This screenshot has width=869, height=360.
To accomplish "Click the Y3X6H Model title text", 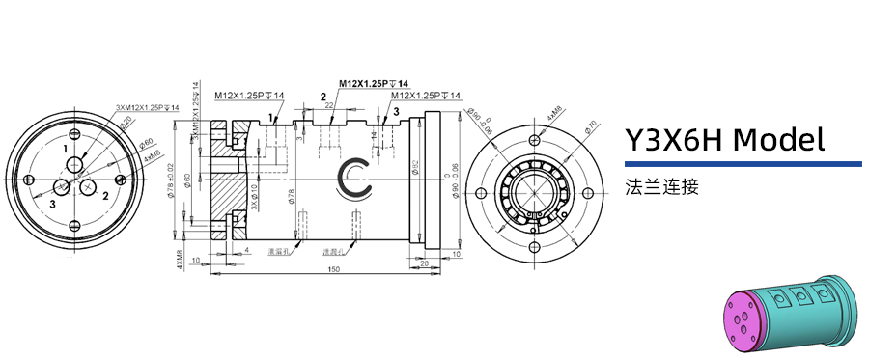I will pyautogui.click(x=724, y=140).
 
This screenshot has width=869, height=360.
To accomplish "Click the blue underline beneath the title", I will pyautogui.click(x=743, y=164).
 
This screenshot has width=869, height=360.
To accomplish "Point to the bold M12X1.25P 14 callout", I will pyautogui.click(x=373, y=83).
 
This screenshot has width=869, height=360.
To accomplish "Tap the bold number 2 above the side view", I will pyautogui.click(x=323, y=97).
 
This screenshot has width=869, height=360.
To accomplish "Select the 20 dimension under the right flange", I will pyautogui.click(x=424, y=262).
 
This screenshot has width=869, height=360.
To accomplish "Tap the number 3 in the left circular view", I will pyautogui.click(x=53, y=204).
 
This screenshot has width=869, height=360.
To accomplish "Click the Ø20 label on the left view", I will pyautogui.click(x=126, y=122).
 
